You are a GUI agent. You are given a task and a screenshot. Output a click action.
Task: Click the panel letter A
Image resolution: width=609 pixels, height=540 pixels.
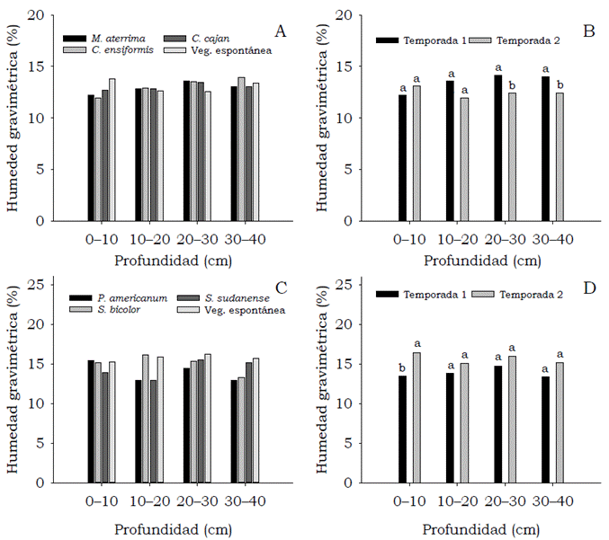click(280, 32)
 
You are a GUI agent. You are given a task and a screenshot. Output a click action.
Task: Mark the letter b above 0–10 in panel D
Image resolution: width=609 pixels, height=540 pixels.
click(402, 367)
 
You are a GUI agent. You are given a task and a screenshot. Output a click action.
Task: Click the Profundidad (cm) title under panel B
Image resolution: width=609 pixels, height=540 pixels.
click(473, 261)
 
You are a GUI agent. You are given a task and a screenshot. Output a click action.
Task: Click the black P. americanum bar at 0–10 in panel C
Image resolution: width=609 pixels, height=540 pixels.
click(91, 420)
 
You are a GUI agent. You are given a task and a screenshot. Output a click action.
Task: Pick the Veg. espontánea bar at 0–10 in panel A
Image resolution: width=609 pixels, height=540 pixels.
click(112, 149)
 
